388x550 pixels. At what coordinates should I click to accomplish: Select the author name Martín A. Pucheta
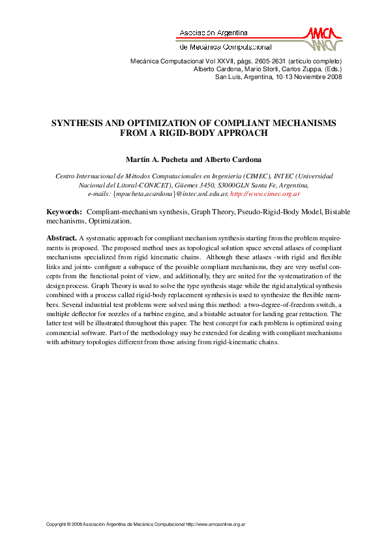click(156, 159)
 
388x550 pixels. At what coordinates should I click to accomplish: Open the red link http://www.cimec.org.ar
click(265, 194)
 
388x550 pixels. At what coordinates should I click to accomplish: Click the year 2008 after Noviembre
click(334, 76)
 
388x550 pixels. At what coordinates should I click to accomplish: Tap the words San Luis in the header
click(228, 76)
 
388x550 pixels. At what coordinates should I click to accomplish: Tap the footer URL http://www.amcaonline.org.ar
click(220, 524)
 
